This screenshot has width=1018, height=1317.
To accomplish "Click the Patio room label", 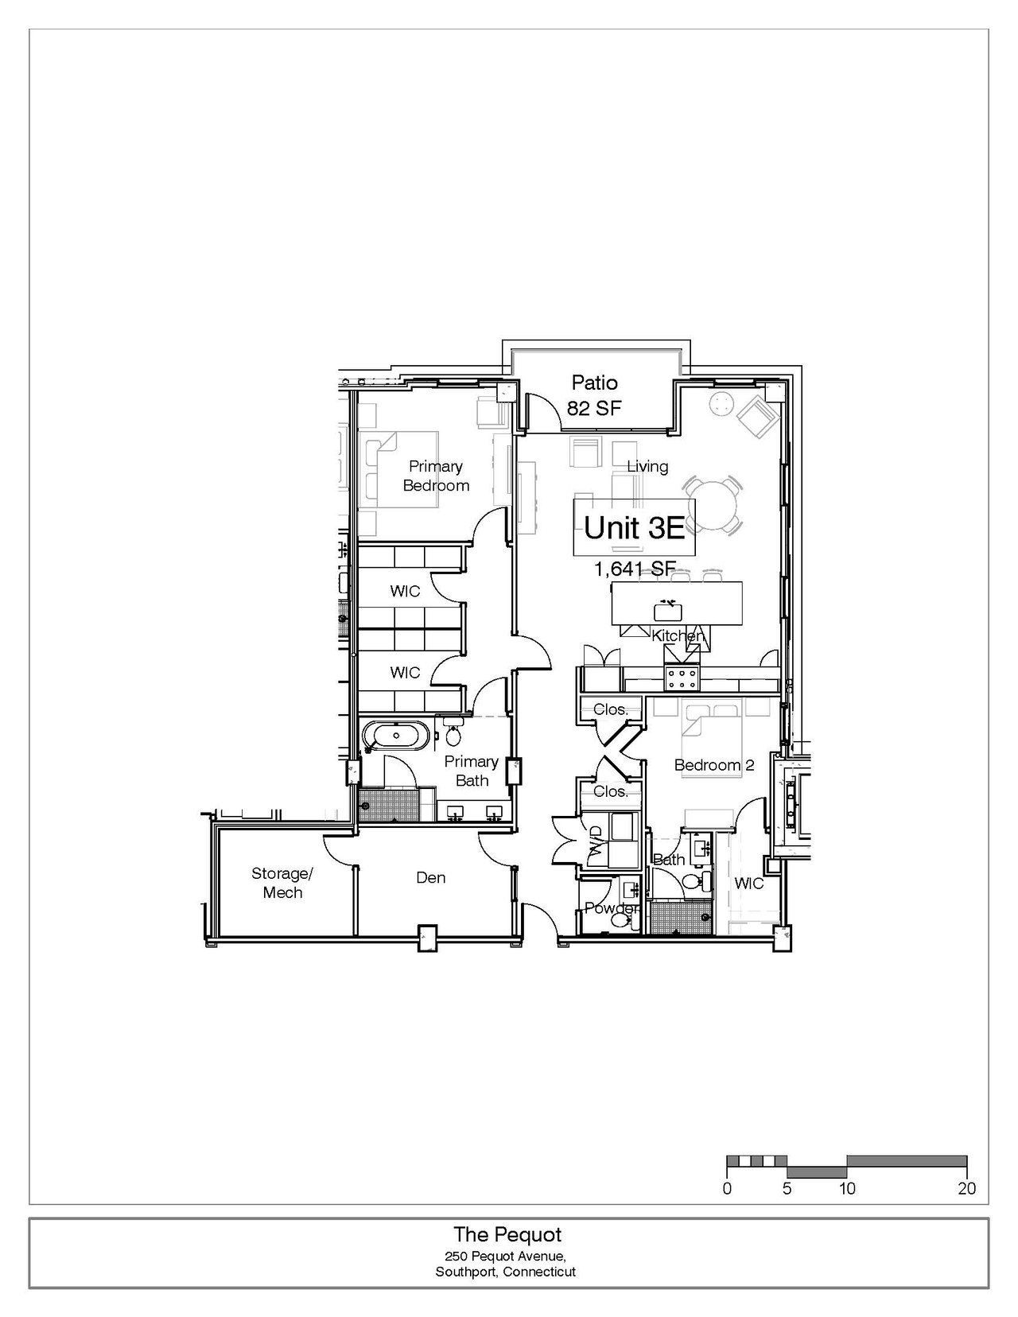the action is pyautogui.click(x=594, y=383).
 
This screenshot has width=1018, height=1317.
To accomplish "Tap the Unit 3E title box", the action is pyautogui.click(x=634, y=527).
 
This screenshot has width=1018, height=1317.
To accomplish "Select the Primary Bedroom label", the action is pyautogui.click(x=436, y=476).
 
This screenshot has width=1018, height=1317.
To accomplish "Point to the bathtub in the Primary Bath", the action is pyautogui.click(x=396, y=736).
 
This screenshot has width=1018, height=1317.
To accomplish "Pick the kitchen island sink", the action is pyautogui.click(x=668, y=611).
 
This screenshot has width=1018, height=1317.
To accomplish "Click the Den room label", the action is pyautogui.click(x=431, y=877).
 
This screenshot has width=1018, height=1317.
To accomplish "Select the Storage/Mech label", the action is pyautogui.click(x=282, y=883).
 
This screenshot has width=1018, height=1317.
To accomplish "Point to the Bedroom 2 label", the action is pyautogui.click(x=714, y=765).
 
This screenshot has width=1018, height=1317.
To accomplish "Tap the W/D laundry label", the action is pyautogui.click(x=595, y=839).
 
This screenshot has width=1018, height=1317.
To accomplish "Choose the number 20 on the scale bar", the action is pyautogui.click(x=966, y=1188).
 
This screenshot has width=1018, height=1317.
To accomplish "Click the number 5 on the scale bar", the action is pyautogui.click(x=787, y=1188).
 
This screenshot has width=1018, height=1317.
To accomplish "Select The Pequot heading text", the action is pyautogui.click(x=507, y=1234).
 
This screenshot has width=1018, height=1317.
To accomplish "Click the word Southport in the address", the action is pyautogui.click(x=467, y=1272).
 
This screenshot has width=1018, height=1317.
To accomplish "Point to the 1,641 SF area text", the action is pyautogui.click(x=635, y=569).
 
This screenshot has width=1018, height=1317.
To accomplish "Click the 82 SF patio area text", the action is pyautogui.click(x=594, y=408).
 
